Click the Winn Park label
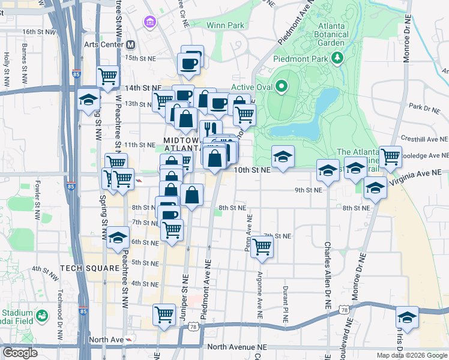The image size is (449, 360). coord(225,26)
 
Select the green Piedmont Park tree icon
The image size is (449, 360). coord(338,58)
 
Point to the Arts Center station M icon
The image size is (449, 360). coord(131,44)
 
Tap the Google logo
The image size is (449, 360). coord(20,353)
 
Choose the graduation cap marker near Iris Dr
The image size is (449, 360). coord(407,318)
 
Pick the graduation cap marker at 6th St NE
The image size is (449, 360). coord(118,238)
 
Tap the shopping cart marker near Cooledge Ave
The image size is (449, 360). coord(390,157)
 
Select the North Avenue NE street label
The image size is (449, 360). coord(235,347)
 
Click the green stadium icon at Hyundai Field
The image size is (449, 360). coord(41,316)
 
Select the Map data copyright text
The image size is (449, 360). coord(411,355)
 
